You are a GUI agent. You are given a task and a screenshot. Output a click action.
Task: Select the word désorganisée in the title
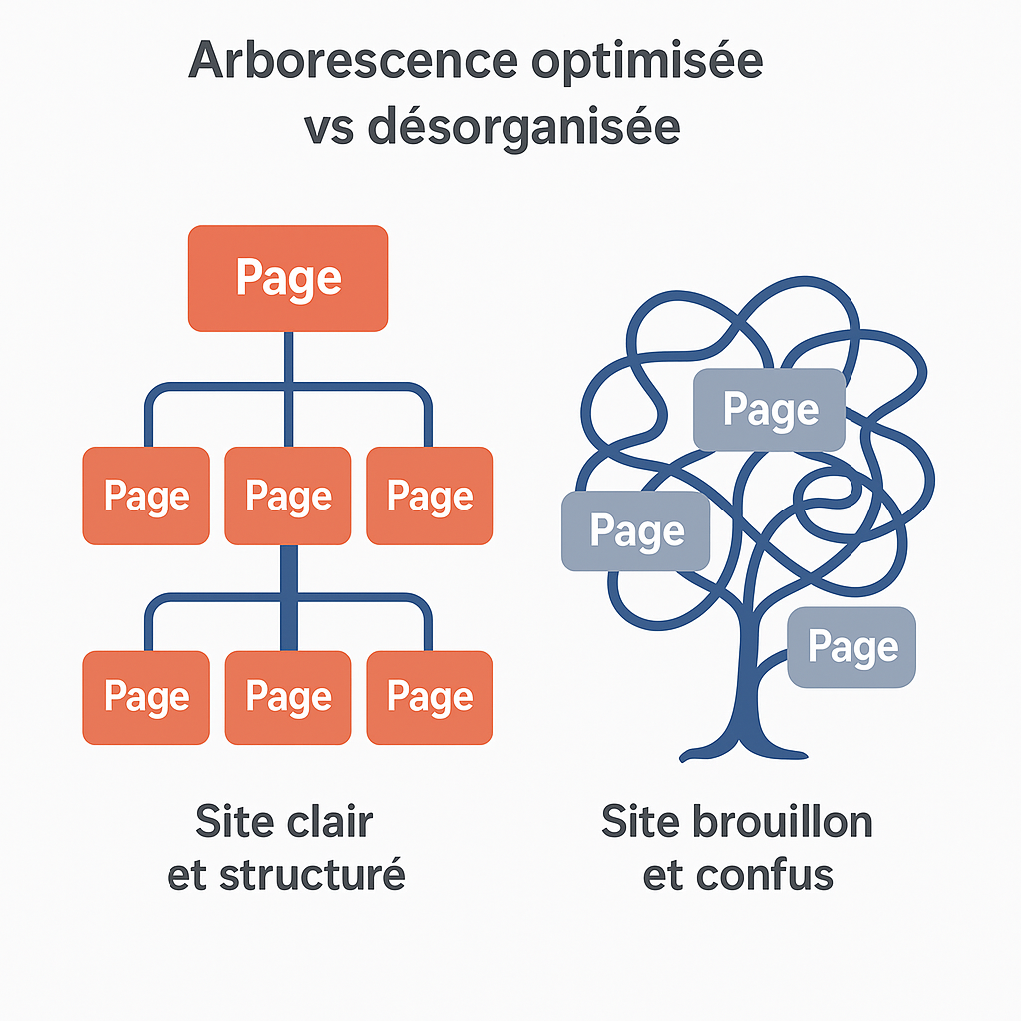pyautogui.click(x=523, y=128)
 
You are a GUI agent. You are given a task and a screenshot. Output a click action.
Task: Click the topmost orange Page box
pyautogui.click(x=288, y=278)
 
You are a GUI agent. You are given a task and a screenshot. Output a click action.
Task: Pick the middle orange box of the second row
pyautogui.click(x=288, y=496)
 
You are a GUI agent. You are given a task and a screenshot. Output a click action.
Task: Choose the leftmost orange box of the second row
pyautogui.click(x=147, y=496)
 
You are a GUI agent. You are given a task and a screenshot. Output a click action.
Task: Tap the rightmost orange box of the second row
pyautogui.click(x=430, y=496)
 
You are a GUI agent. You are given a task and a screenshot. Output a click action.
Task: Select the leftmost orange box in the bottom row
pyautogui.click(x=147, y=697)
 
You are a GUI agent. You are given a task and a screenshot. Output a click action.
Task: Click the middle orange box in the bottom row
pyautogui.click(x=288, y=697)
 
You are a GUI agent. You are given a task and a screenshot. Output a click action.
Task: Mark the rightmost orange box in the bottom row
pyautogui.click(x=430, y=697)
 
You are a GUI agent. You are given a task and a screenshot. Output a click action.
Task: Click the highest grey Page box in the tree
pyautogui.click(x=770, y=409)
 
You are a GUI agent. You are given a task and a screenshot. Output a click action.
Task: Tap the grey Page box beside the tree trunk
pyautogui.click(x=852, y=647)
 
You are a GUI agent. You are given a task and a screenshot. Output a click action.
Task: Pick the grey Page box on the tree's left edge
pyautogui.click(x=636, y=531)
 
